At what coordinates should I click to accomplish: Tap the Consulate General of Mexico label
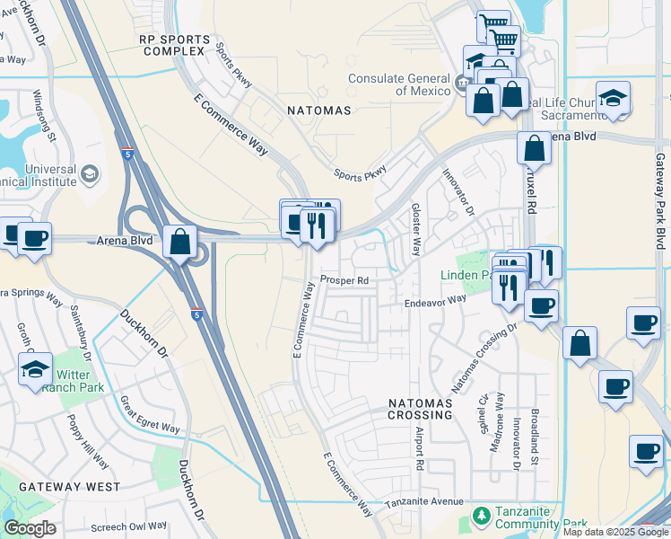(x=399, y=85)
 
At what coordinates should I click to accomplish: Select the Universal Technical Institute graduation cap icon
(x=90, y=173)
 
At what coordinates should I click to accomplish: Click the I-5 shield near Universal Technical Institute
(x=129, y=154)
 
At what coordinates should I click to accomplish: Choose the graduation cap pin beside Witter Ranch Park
(x=35, y=369)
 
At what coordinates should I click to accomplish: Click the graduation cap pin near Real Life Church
(x=613, y=99)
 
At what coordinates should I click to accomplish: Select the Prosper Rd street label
(x=344, y=280)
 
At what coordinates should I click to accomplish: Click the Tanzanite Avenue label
(x=424, y=501)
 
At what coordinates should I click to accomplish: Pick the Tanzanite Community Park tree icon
(x=481, y=517)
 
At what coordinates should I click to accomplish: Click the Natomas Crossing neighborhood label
(x=420, y=409)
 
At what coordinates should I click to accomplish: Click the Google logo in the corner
(x=30, y=528)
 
